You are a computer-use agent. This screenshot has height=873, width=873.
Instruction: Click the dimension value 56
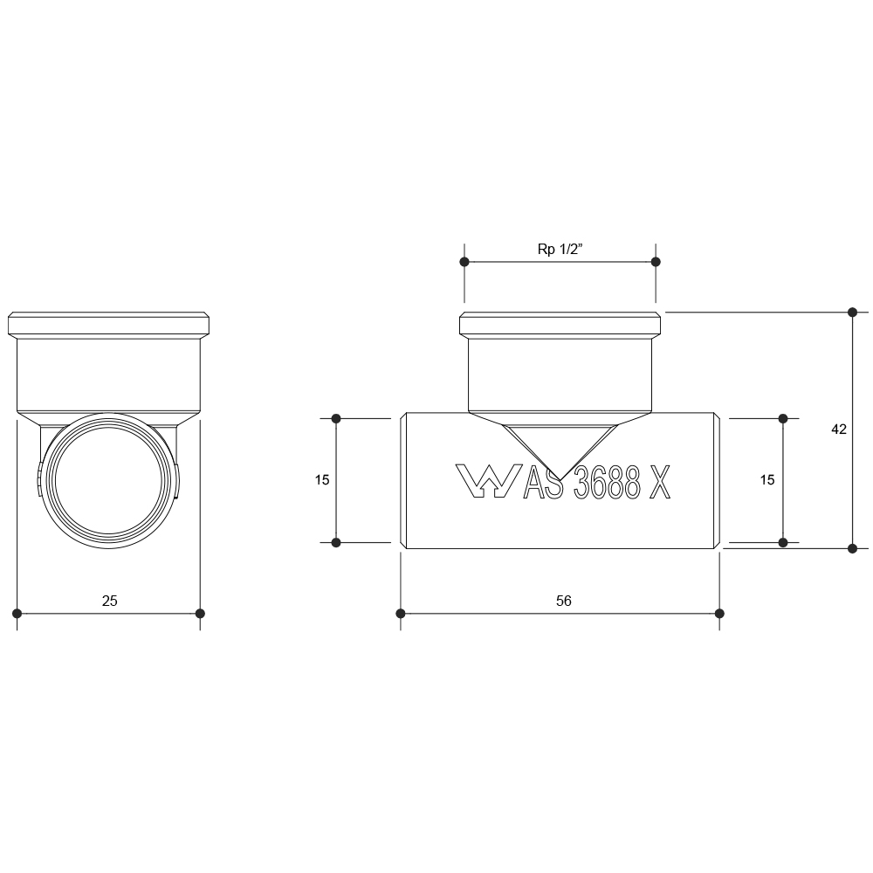[x=563, y=601]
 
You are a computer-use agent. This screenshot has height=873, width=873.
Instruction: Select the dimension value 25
[x=110, y=601]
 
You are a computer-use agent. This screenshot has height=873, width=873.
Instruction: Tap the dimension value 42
[x=838, y=430]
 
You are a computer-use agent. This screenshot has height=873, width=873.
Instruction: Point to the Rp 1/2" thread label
[x=560, y=249]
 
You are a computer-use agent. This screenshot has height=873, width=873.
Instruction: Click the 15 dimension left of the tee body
[x=322, y=479]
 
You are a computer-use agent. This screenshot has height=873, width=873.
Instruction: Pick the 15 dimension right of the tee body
[x=767, y=479]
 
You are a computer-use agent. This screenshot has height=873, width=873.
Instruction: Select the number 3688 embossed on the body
[x=607, y=482]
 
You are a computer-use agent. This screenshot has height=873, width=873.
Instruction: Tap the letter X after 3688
[x=660, y=482]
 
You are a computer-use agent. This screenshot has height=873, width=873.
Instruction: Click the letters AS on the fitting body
[x=543, y=482]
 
